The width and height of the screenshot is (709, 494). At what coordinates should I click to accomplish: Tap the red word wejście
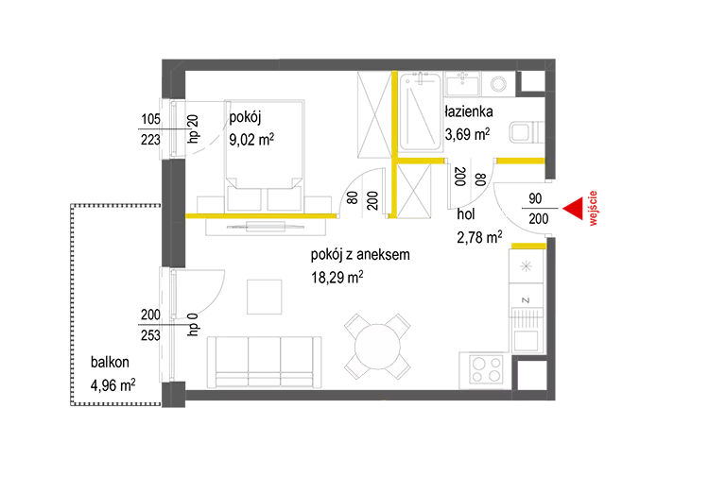(593, 208)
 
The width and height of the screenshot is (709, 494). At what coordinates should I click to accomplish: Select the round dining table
(377, 347)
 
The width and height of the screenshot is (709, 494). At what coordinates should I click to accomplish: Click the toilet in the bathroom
(527, 132)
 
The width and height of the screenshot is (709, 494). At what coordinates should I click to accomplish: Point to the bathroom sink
(462, 84)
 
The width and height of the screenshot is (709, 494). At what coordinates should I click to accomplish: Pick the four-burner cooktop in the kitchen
(487, 369)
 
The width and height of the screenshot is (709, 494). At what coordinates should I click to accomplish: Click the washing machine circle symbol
(498, 84)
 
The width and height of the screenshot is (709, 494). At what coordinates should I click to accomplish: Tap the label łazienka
(469, 111)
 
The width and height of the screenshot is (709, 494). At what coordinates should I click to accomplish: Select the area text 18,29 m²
(337, 277)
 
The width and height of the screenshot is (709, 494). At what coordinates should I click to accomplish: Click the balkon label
(110, 362)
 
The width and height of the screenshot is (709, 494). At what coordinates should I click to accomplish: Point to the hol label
(466, 213)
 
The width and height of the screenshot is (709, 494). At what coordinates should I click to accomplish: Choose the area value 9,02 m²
(251, 140)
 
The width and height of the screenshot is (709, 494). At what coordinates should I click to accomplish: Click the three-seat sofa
(265, 362)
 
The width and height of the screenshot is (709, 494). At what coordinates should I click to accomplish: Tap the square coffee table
(264, 297)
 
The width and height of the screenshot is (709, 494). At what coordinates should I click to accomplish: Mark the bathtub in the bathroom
(421, 111)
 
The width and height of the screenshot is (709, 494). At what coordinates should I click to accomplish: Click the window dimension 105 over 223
(150, 129)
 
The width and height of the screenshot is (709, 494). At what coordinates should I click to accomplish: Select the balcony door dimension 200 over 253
(150, 325)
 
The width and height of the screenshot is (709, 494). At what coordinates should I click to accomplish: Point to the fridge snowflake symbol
(526, 266)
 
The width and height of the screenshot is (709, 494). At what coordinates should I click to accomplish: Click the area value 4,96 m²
(113, 385)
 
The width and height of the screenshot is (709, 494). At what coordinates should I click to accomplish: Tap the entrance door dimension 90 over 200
(538, 209)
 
